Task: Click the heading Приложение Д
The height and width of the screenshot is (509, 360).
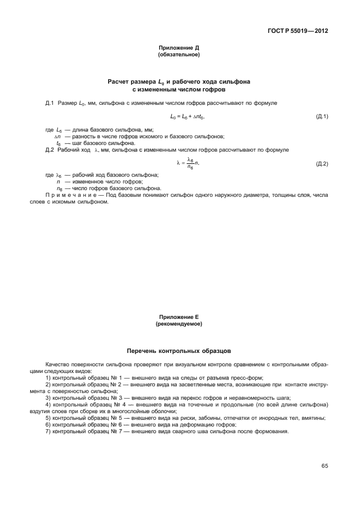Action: [x=179, y=49]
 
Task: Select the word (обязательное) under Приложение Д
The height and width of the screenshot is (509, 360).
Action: [x=179, y=55]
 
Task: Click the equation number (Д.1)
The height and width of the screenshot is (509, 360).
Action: [x=322, y=117]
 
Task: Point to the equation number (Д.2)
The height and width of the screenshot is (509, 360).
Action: [x=322, y=163]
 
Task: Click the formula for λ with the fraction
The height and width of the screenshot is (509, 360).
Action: [x=187, y=163]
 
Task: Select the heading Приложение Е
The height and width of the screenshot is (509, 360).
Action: [x=179, y=317]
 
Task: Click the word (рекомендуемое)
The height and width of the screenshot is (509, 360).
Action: [x=179, y=323]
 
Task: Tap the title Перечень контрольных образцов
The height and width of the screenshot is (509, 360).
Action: [x=179, y=351]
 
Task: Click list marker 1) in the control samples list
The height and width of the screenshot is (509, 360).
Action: [x=48, y=378]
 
